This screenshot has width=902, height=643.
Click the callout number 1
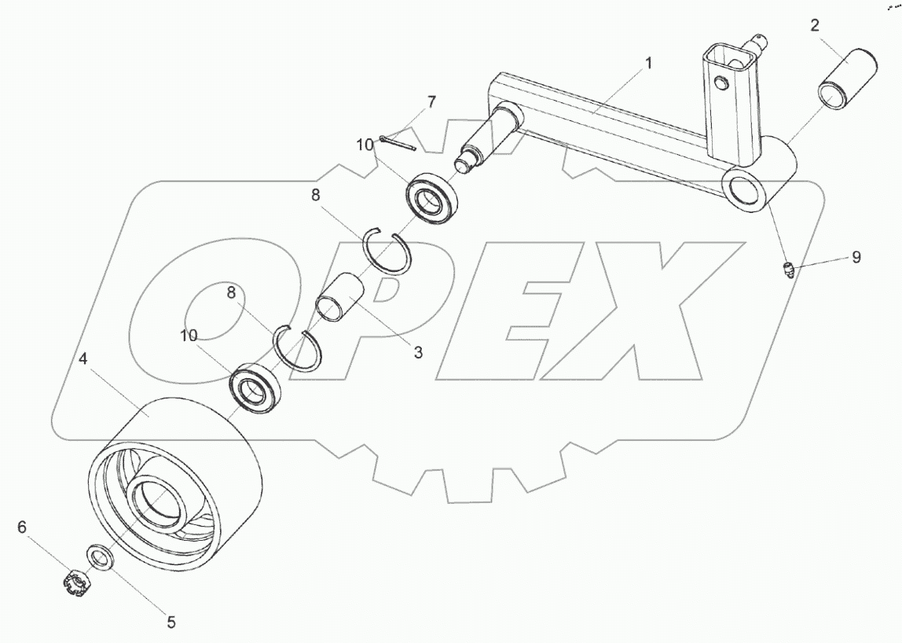click(x=648, y=64)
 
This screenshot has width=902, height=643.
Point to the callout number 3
click(x=418, y=352)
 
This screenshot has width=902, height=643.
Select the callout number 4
click(x=82, y=358)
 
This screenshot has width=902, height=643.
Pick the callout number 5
click(x=170, y=623)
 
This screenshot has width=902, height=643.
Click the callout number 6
click(x=22, y=527)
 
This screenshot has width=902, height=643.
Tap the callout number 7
click(x=431, y=102)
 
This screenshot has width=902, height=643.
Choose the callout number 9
click(x=856, y=257)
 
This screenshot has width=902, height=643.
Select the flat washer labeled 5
click(x=100, y=558)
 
